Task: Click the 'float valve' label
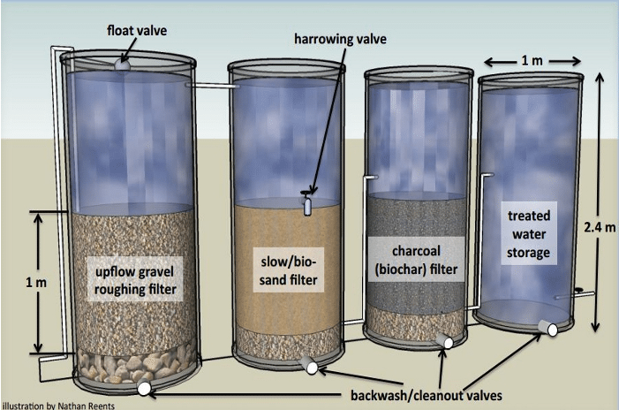tap(137, 31)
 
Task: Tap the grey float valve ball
tap(122, 65)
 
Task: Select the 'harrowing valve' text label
tap(340, 39)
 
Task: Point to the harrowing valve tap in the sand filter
tap(307, 202)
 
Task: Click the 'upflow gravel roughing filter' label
tap(135, 280)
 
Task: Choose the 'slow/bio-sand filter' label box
tap(289, 270)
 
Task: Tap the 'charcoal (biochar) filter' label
tap(416, 260)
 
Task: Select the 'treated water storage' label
tap(529, 234)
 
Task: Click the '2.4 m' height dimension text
tap(600, 227)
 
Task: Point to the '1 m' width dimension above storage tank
tap(532, 61)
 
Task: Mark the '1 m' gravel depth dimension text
tap(36, 283)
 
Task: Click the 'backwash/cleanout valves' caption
tap(427, 395)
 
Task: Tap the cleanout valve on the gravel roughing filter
tap(143, 388)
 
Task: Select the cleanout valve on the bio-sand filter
tap(309, 365)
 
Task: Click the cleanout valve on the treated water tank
tap(549, 328)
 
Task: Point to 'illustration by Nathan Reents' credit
tap(58, 406)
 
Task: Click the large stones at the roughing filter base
tap(134, 365)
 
